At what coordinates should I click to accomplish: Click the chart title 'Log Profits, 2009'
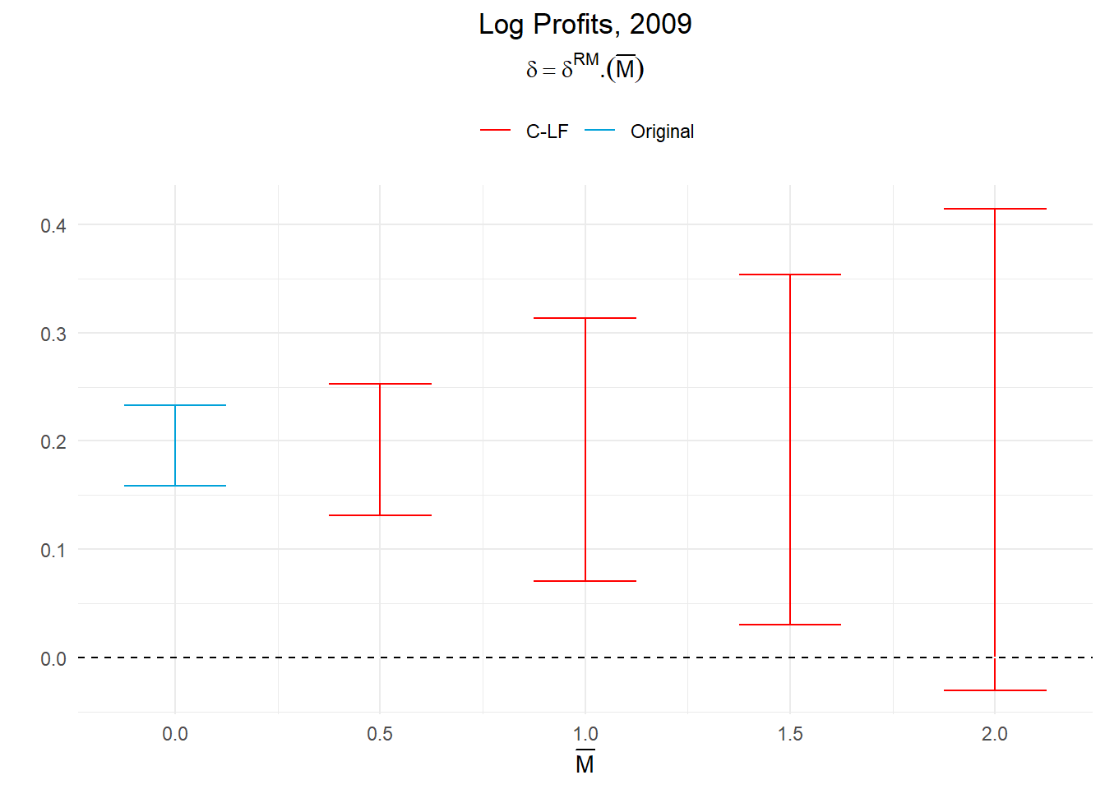pos(585,25)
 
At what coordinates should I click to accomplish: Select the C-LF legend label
pos(547,131)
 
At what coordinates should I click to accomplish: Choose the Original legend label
pos(662,131)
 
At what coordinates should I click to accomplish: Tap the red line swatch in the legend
pos(496,131)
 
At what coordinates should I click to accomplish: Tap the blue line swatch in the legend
pos(600,131)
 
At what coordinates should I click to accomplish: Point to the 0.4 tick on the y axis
pos(53,225)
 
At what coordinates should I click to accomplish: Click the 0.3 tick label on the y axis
pos(53,334)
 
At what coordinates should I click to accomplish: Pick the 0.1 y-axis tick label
pos(53,550)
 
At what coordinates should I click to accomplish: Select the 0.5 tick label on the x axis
pos(380,734)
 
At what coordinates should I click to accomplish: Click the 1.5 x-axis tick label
pos(790,734)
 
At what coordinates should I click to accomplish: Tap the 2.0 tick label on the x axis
pos(995,734)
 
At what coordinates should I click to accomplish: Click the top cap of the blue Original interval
pos(175,405)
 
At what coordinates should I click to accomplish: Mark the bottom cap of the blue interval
pos(175,486)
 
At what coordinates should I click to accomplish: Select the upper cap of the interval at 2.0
pos(995,209)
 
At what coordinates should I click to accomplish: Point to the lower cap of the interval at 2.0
pos(995,690)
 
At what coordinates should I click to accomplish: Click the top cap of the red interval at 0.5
pos(380,384)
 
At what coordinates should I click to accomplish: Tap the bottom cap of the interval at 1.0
pos(585,581)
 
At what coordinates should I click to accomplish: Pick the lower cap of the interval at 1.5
pos(790,625)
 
